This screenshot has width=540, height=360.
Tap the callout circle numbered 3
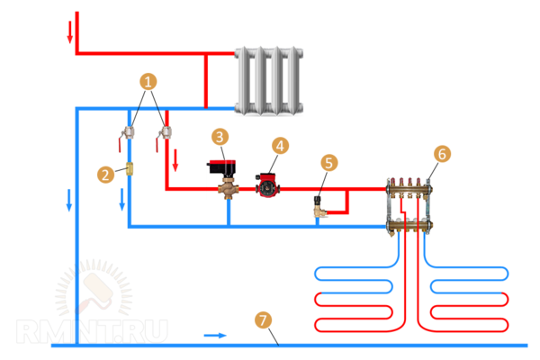220,137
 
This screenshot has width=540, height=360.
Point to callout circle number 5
329,163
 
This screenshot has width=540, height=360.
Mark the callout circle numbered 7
262,320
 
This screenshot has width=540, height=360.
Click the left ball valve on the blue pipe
129,131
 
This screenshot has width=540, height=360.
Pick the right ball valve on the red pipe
165,132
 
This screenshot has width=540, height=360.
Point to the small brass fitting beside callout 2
129,167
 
